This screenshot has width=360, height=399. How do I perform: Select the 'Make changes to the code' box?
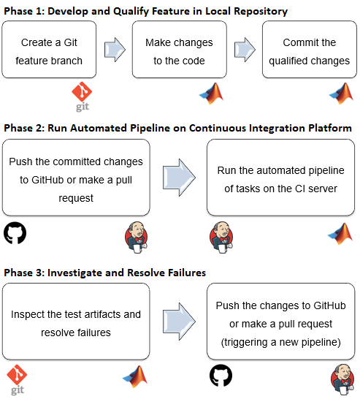tap(178, 50)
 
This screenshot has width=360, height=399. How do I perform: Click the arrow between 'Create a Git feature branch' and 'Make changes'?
tap(114, 50)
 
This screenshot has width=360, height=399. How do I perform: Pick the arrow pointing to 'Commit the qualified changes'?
tap(245, 50)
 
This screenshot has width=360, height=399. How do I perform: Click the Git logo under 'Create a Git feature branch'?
tap(83, 96)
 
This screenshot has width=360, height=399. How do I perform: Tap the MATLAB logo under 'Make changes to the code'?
tap(211, 94)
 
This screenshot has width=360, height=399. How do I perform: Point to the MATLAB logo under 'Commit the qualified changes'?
tap(340, 94)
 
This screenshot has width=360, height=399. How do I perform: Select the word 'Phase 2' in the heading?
tap(25, 128)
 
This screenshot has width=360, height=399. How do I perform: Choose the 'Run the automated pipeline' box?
tap(280, 178)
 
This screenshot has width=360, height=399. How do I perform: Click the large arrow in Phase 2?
tap(178, 178)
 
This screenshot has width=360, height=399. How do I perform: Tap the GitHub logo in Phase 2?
tap(15, 233)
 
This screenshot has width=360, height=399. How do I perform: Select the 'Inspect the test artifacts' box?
tap(75, 322)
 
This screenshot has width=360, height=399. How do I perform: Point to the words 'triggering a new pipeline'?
tap(280, 342)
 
